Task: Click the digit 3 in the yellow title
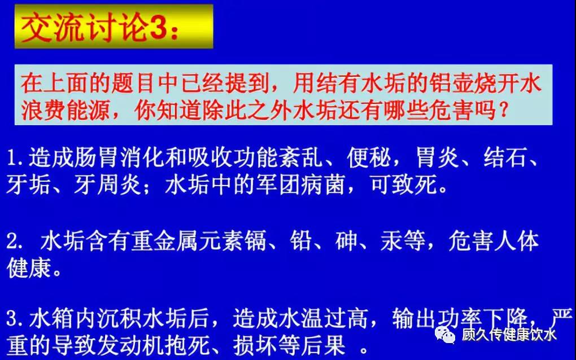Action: pyautogui.click(x=158, y=28)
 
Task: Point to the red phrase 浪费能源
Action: pyautogui.click(x=65, y=109)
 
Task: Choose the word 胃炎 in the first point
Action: pyautogui.click(x=437, y=157)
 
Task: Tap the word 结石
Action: pyautogui.click(x=505, y=157)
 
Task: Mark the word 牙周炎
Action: pyautogui.click(x=107, y=184)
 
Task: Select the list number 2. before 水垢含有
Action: pyautogui.click(x=15, y=242)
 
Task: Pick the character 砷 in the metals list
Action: pyautogui.click(x=346, y=241)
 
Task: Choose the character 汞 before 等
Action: pyautogui.click(x=391, y=241)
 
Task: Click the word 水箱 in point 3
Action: pyautogui.click(x=51, y=318)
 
